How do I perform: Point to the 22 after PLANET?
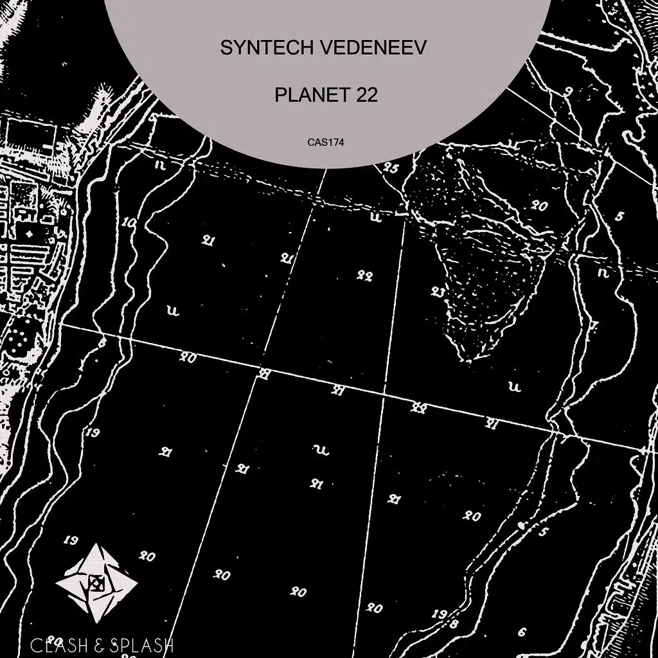coord(364,95)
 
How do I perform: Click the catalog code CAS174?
coord(326,143)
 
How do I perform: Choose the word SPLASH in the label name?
coord(142,644)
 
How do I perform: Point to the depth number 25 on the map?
coord(391,169)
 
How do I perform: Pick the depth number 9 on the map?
coord(568,91)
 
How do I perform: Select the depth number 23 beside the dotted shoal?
coord(438,291)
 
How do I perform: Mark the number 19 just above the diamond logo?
coord(72,540)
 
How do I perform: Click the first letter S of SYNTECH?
coord(226,48)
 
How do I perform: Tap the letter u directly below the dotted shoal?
coord(513,386)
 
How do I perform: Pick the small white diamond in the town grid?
coord(28,232)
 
